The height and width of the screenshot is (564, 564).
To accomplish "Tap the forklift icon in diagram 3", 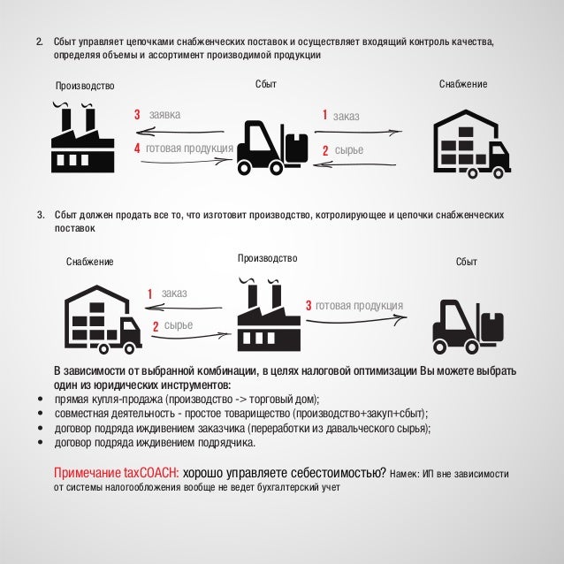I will click(x=468, y=323).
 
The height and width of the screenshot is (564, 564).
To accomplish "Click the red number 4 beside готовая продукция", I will click(x=137, y=149).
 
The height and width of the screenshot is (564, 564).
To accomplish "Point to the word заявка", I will click(x=164, y=115).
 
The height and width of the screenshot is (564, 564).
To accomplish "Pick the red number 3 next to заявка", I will click(x=137, y=115).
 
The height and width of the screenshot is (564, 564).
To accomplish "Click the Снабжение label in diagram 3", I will click(x=90, y=262).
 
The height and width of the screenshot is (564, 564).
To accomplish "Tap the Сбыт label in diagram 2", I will click(x=266, y=83).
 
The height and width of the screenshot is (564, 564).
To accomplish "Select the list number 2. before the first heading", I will click(x=39, y=42).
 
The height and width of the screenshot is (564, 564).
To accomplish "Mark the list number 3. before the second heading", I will click(x=39, y=214).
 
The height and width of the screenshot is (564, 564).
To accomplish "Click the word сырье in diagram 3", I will click(x=178, y=327).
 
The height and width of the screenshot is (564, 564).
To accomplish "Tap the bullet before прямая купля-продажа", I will click(x=41, y=399).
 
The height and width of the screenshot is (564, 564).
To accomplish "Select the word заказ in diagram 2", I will click(x=346, y=116).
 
